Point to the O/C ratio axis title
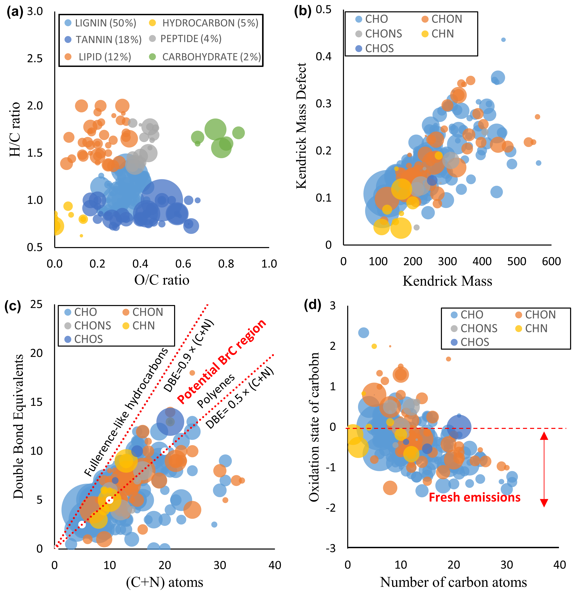pos(162,280)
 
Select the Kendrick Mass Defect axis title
pos(301,126)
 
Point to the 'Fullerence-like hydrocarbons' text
pos(126,413)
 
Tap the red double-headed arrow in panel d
pos(544,469)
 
